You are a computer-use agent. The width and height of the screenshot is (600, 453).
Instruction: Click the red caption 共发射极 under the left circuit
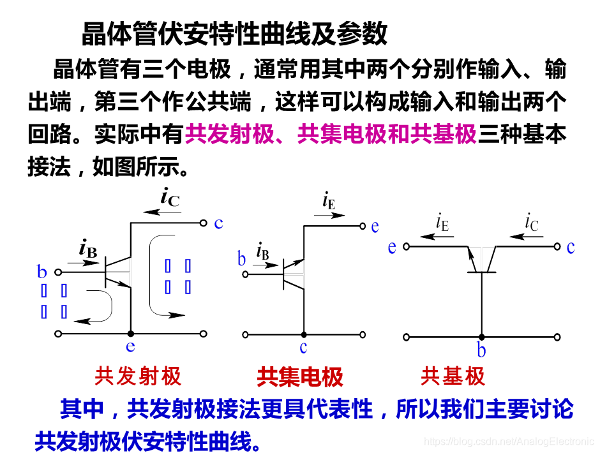tap(138, 376)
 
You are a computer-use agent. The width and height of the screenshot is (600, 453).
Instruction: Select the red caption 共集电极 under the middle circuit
tap(300, 377)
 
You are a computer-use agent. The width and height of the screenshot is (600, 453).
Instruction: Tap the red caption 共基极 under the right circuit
tap(453, 376)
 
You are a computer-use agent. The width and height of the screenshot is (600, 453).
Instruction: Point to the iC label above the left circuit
tap(170, 198)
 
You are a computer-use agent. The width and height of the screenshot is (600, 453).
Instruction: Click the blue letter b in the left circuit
tap(42, 272)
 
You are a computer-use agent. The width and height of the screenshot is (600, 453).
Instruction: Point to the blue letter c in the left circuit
tap(219, 223)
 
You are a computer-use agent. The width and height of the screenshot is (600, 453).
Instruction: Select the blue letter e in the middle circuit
tap(375, 226)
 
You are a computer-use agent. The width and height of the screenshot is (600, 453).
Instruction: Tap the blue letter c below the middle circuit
tap(303, 347)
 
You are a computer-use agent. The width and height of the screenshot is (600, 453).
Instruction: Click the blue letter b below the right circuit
tap(481, 350)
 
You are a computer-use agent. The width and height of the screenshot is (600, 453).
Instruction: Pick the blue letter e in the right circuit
tap(392, 247)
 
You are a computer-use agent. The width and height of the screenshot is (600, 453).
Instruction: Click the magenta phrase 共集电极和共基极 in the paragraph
tap(387, 135)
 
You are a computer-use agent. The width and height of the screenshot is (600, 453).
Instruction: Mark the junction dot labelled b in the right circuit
tap(481, 337)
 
